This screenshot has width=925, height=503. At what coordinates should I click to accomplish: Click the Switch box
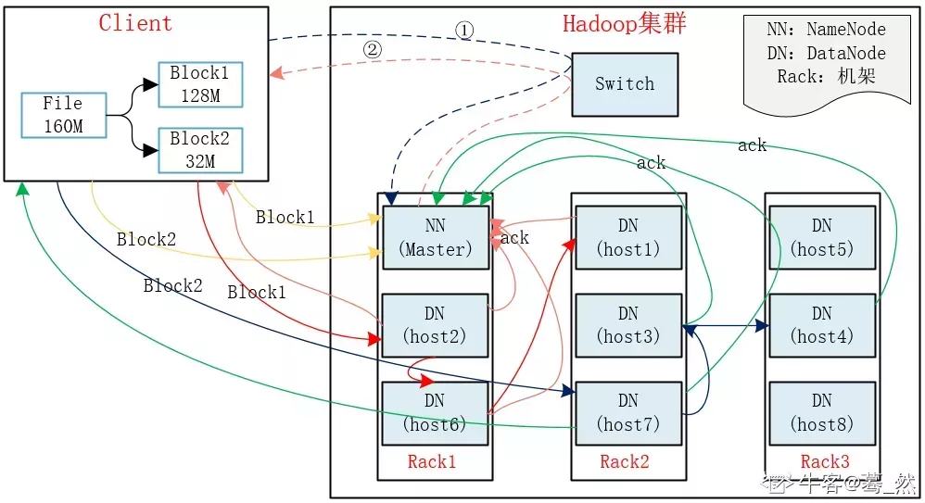tap(625, 84)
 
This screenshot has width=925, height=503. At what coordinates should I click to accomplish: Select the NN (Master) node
tap(436, 238)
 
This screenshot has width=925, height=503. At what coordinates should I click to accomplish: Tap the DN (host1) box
tap(628, 237)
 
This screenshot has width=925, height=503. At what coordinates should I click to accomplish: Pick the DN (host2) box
tap(436, 325)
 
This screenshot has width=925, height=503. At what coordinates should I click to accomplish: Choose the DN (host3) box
tap(628, 325)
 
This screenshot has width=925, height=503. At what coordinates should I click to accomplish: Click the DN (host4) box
tap(822, 325)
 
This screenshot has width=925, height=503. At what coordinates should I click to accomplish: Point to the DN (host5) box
tap(822, 237)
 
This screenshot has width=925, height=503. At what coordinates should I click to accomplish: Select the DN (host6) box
tap(436, 413)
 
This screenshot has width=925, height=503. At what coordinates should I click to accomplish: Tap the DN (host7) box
tap(628, 413)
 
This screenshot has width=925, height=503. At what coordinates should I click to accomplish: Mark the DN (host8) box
tap(822, 413)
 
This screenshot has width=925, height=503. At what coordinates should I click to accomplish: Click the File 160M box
tap(64, 115)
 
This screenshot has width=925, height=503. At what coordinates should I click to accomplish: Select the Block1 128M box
tap(200, 84)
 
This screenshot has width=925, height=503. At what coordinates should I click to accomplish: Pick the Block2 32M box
tap(200, 150)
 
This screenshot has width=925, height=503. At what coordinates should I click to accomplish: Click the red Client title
tap(135, 23)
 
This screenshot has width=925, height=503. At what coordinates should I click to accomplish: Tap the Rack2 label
tap(625, 461)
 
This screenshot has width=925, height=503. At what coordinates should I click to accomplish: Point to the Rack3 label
tap(825, 461)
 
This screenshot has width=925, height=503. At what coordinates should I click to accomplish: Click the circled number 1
tap(464, 30)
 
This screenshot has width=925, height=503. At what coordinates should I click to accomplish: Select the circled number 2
tap(373, 49)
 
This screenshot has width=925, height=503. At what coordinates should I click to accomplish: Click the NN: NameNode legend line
tap(826, 29)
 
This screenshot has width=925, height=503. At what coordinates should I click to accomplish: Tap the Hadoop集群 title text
tap(624, 23)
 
